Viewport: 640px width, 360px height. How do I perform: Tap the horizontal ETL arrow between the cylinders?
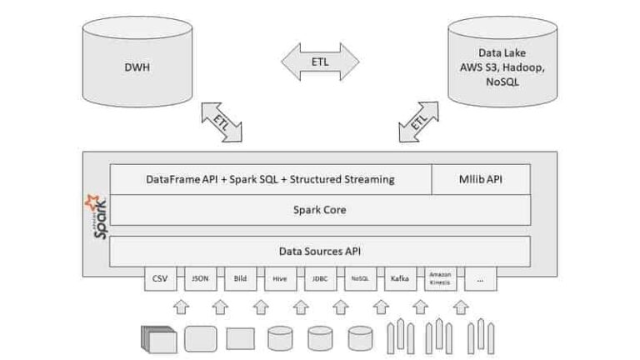[x=320, y=62]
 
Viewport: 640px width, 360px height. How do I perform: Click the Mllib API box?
[x=481, y=178]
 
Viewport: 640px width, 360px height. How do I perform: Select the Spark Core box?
[x=320, y=210]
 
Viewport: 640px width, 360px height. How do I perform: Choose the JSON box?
[x=199, y=279]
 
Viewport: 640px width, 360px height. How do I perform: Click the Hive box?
[x=279, y=279]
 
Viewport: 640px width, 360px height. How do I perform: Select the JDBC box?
[x=319, y=279]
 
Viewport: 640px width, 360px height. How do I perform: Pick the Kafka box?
[x=399, y=279]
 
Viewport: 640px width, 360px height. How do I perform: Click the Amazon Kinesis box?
[x=440, y=279]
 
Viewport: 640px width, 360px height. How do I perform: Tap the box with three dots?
[x=480, y=279]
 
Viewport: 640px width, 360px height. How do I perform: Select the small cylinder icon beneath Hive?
[x=279, y=337]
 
